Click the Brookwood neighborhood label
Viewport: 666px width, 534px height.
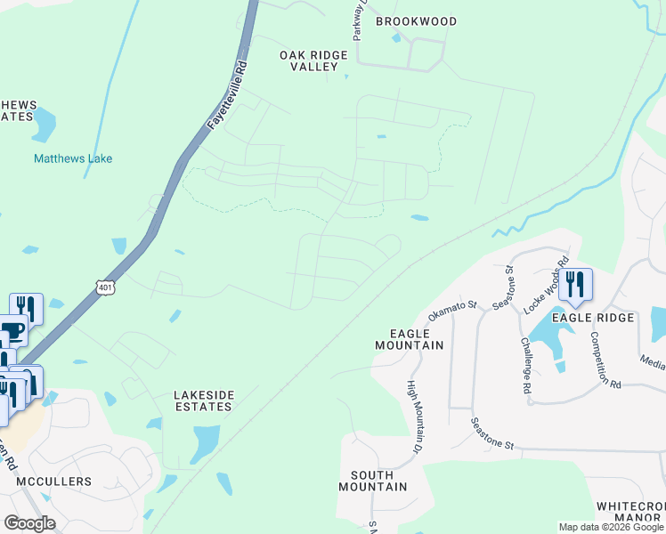pyautogui.click(x=416, y=21)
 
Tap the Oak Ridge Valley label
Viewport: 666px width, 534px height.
pyautogui.click(x=313, y=61)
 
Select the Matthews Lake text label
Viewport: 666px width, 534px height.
pyautogui.click(x=73, y=158)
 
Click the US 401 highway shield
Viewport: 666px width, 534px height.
pyautogui.click(x=106, y=287)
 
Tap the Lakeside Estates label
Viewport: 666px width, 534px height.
pyautogui.click(x=203, y=400)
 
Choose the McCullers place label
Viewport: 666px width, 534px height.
pyautogui.click(x=54, y=481)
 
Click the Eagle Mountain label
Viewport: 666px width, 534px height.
pyautogui.click(x=409, y=338)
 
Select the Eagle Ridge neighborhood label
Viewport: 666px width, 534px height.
pyautogui.click(x=593, y=318)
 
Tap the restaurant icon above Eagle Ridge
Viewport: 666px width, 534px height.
pyautogui.click(x=576, y=284)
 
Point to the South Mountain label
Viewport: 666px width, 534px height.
pyautogui.click(x=372, y=481)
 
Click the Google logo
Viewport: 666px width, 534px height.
pyautogui.click(x=29, y=523)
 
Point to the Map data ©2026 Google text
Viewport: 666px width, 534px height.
pyautogui.click(x=611, y=527)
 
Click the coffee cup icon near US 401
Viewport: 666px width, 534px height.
pyautogui.click(x=11, y=332)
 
